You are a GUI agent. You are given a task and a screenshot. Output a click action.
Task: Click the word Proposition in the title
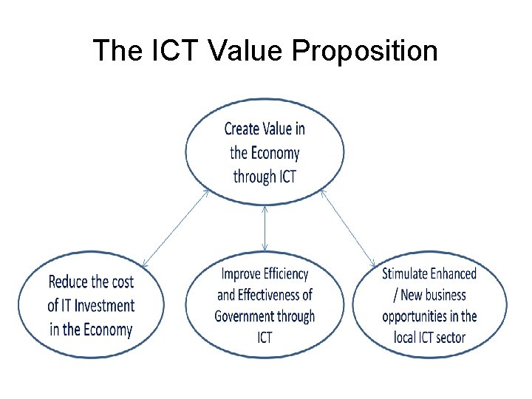[365, 51]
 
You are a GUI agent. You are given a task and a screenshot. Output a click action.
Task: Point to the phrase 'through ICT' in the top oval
[265, 177]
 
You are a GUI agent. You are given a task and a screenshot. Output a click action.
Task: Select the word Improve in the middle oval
[242, 274]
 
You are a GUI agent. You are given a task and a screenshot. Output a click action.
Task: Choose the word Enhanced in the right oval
[454, 274]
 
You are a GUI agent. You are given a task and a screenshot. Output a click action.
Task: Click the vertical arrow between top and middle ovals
[265, 228]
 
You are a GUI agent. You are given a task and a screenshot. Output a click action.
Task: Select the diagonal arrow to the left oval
[175, 227]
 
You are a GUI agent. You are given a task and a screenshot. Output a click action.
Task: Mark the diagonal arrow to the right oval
[348, 227]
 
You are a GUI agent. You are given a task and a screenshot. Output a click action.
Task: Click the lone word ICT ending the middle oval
[265, 338]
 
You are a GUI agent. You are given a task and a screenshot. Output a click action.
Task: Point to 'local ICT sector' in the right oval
[429, 338]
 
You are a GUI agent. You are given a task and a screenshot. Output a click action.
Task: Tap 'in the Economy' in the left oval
[91, 330]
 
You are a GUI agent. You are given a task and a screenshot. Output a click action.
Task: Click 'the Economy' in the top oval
[265, 153]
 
